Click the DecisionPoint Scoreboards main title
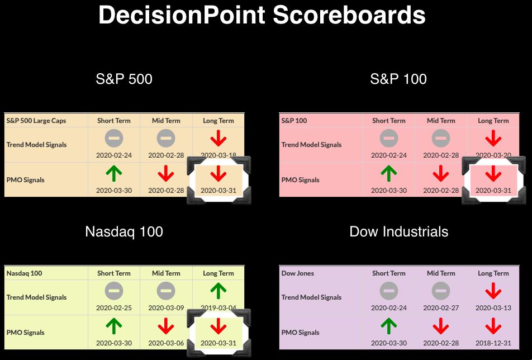(262, 15)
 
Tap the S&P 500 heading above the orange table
(124, 79)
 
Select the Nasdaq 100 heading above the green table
(124, 232)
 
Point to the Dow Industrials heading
(398, 232)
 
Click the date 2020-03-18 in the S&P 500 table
(218, 155)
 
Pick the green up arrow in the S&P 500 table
(113, 173)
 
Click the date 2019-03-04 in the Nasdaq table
(218, 308)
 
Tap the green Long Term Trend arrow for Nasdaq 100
(218, 291)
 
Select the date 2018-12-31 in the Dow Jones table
(493, 343)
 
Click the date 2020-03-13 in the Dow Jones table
(493, 308)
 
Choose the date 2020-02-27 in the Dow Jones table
(441, 308)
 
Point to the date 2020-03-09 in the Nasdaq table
(166, 308)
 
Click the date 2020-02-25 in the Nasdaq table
(113, 308)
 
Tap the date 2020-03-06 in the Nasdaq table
(166, 343)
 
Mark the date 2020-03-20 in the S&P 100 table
(493, 155)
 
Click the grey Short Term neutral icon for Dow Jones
(388, 291)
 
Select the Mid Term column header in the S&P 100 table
(441, 120)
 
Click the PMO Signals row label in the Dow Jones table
(300, 333)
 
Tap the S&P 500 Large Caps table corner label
(36, 121)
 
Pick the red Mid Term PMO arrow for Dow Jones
(441, 326)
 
